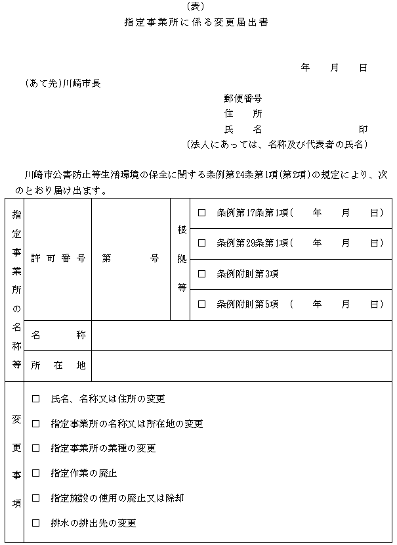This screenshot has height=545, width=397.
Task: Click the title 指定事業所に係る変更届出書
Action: click(196, 22)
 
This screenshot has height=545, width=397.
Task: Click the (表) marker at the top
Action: click(196, 7)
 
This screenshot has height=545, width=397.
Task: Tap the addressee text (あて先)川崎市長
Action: click(62, 83)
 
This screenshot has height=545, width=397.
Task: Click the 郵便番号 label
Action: click(243, 99)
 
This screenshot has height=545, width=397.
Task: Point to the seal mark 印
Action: click(362, 129)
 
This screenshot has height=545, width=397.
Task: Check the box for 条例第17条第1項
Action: click(202, 213)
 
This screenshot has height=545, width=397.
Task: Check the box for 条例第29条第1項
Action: click(202, 243)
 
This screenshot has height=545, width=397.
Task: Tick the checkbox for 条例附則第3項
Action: click(202, 273)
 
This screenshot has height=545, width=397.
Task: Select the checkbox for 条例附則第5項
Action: click(202, 304)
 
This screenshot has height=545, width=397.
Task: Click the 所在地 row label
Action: click(58, 366)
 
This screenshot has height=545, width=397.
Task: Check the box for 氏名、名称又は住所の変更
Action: click(35, 398)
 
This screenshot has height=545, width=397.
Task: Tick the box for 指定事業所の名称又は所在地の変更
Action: click(35, 423)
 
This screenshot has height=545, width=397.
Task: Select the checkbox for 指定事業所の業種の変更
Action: click(35, 448)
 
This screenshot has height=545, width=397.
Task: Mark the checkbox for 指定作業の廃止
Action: click(35, 473)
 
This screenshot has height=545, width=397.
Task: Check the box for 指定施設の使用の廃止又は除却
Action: click(35, 498)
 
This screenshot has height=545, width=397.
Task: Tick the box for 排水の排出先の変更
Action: click(35, 523)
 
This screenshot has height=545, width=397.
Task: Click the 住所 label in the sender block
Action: click(243, 114)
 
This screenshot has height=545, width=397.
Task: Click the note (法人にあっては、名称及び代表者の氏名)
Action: click(277, 144)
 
